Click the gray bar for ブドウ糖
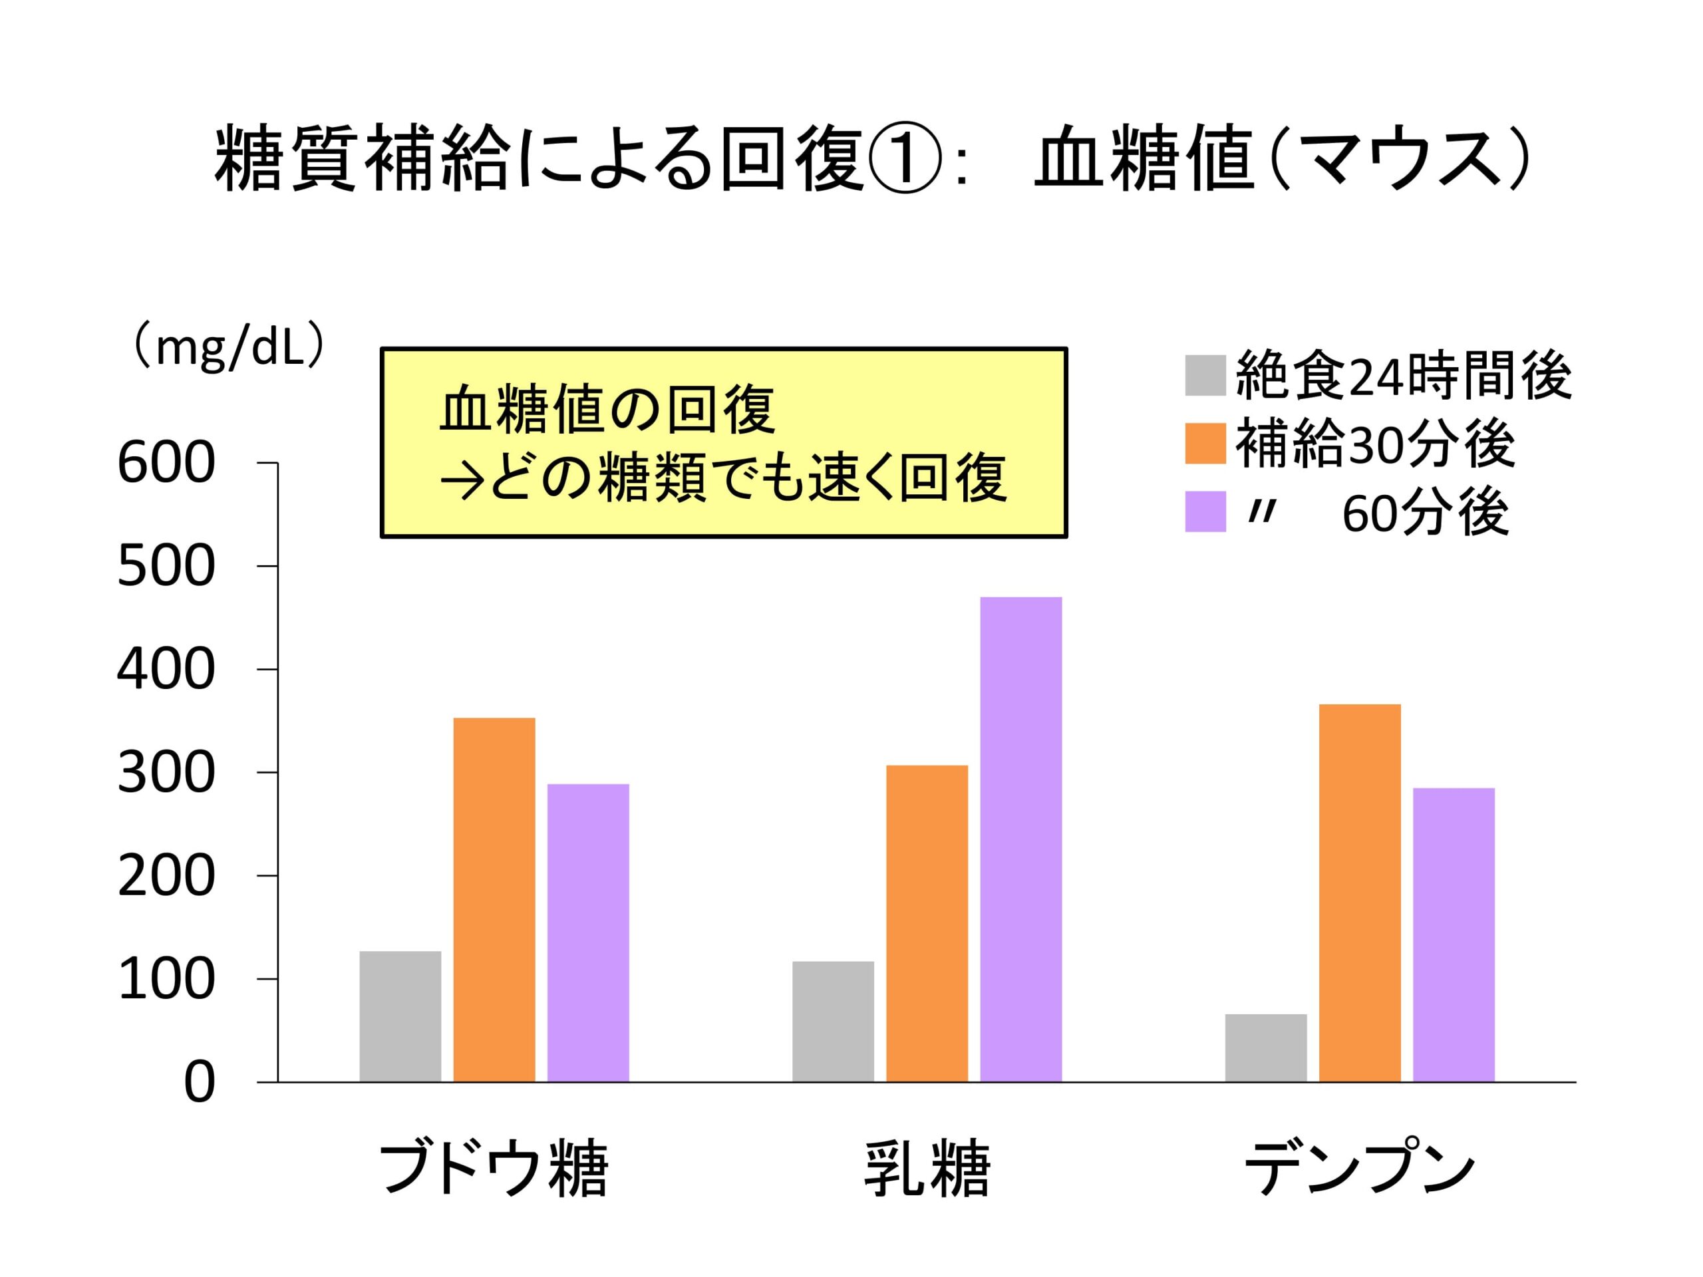[x=400, y=1016]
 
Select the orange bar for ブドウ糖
[x=494, y=900]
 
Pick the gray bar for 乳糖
[x=833, y=1022]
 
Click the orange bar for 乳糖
[x=927, y=924]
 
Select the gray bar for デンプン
[x=1266, y=1048]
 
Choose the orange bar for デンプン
[x=1360, y=893]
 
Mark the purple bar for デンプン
[x=1454, y=935]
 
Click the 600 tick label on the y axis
[x=166, y=464]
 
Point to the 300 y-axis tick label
[x=166, y=774]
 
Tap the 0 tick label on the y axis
[x=200, y=1084]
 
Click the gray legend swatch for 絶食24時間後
[x=1205, y=375]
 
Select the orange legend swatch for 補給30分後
[x=1205, y=444]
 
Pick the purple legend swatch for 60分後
[x=1205, y=511]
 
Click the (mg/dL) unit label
[x=229, y=349]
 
